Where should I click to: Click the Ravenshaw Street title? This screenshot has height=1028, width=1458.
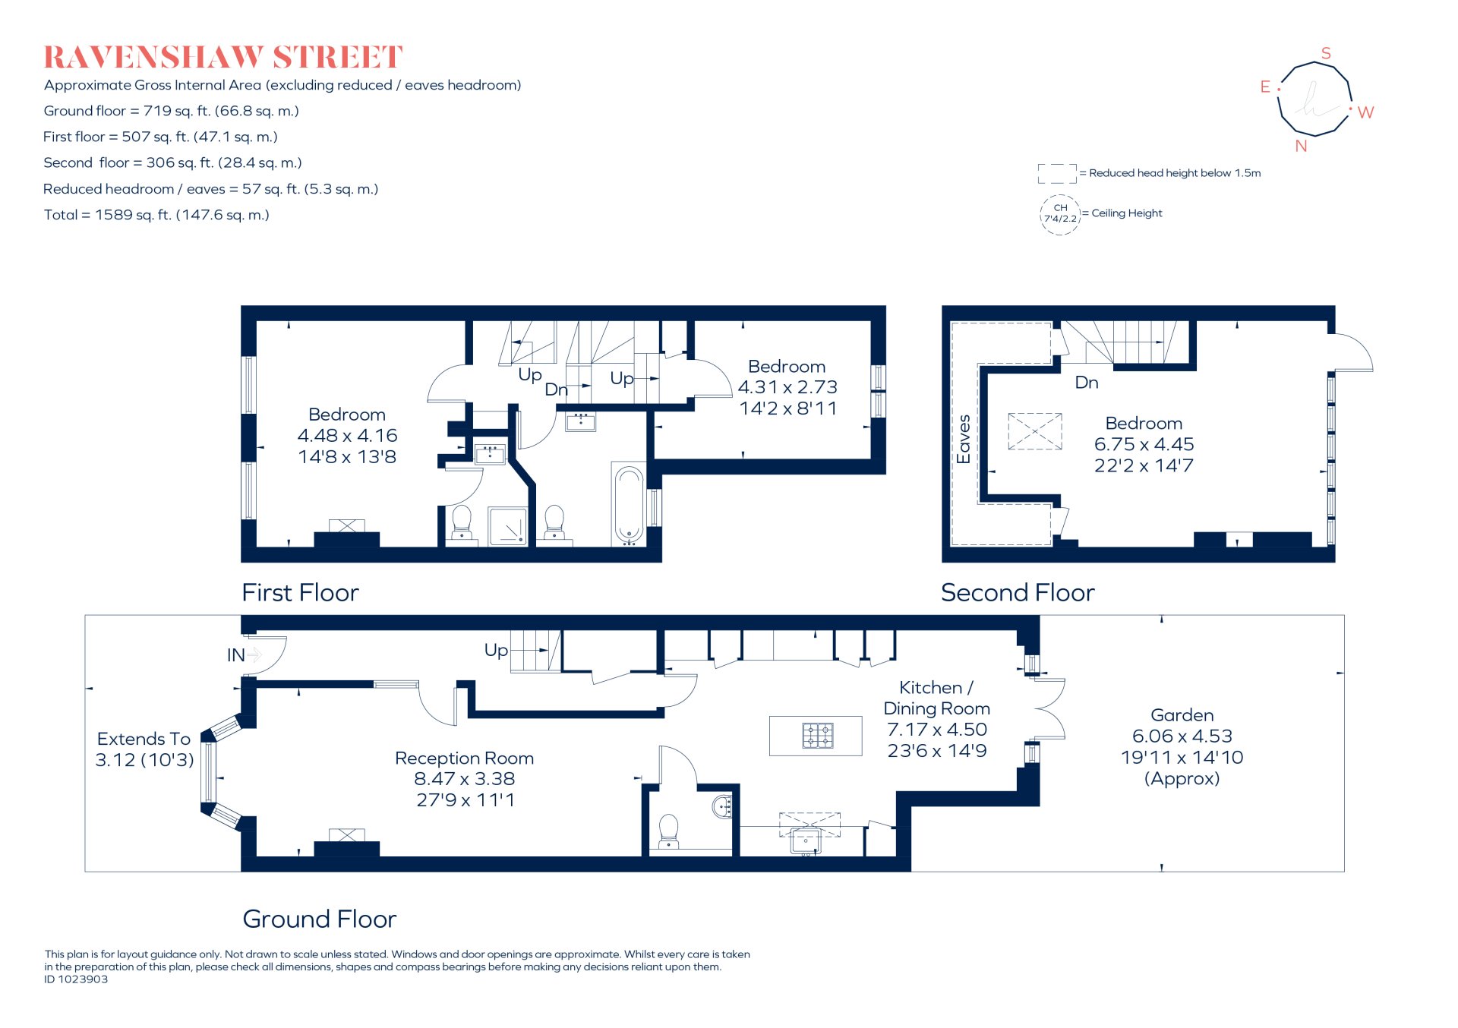point(222,58)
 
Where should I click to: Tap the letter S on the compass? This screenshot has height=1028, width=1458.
point(1326,53)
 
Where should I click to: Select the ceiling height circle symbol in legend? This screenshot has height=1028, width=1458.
point(1059,214)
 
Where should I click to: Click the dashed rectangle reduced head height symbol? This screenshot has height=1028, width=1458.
point(1056,174)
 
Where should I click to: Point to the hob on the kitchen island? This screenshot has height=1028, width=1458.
point(818,735)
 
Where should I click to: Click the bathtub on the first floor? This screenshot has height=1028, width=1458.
point(629,506)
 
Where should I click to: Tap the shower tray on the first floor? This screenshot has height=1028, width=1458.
point(508,526)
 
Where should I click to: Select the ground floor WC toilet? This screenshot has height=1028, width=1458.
point(668,831)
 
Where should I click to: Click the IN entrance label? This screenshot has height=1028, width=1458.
point(235,655)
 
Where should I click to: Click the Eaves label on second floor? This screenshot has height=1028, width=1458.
point(964,439)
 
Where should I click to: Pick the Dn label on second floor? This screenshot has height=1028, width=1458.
point(1086,383)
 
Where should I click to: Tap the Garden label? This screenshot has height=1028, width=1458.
point(1182,715)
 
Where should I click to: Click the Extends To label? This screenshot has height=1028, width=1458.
point(144,739)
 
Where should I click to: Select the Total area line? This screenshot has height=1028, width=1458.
point(156,215)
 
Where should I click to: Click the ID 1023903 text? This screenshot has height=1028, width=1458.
point(76,979)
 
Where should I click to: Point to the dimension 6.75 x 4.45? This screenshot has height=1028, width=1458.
point(1144,444)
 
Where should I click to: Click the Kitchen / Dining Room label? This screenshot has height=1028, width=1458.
point(936,698)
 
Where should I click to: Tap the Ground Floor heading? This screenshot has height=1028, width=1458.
point(319,919)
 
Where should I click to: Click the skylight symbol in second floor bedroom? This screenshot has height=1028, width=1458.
point(1034,431)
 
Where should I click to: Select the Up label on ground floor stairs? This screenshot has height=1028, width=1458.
point(496,650)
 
